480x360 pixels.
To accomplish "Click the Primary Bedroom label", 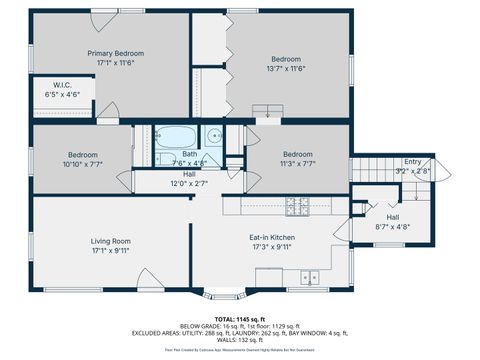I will (x=115, y=53).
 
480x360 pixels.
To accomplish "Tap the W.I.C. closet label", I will (x=60, y=85).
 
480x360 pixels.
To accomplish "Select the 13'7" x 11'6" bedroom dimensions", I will (x=286, y=68).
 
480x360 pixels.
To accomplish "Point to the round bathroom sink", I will (x=214, y=139).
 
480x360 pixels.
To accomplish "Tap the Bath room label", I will (x=189, y=154).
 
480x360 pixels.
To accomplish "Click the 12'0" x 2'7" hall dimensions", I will (x=189, y=183).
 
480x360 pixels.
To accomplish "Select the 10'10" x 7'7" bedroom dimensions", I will (x=82, y=164).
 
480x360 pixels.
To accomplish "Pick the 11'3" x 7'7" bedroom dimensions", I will (x=297, y=164).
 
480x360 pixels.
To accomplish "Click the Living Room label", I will (x=111, y=241).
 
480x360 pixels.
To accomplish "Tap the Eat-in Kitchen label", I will (x=271, y=236).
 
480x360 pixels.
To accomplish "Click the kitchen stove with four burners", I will (x=297, y=207).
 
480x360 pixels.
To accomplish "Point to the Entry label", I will (x=412, y=161).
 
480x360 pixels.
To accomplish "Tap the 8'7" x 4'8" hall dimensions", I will (x=393, y=227).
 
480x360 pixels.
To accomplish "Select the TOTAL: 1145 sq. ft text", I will (x=239, y=318).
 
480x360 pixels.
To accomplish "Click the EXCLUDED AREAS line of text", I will (x=239, y=332).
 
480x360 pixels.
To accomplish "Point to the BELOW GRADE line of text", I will (x=239, y=325).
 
